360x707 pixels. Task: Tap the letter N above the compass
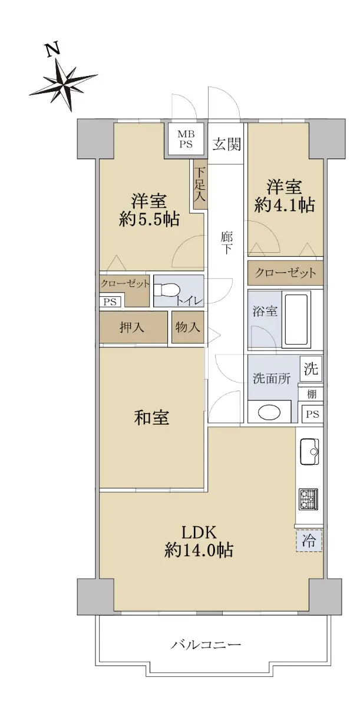click(53, 51)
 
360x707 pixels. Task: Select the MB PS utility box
click(186, 139)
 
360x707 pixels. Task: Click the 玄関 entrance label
click(227, 144)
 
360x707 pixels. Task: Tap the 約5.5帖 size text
click(149, 219)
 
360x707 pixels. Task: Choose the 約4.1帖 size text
click(285, 206)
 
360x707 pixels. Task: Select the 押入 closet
click(133, 328)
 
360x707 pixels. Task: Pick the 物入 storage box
click(188, 328)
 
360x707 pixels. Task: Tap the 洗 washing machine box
click(311, 369)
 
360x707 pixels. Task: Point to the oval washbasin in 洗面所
click(269, 412)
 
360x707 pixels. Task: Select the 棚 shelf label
click(311, 394)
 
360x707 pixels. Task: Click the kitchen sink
click(309, 452)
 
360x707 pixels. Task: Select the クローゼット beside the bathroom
click(285, 273)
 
